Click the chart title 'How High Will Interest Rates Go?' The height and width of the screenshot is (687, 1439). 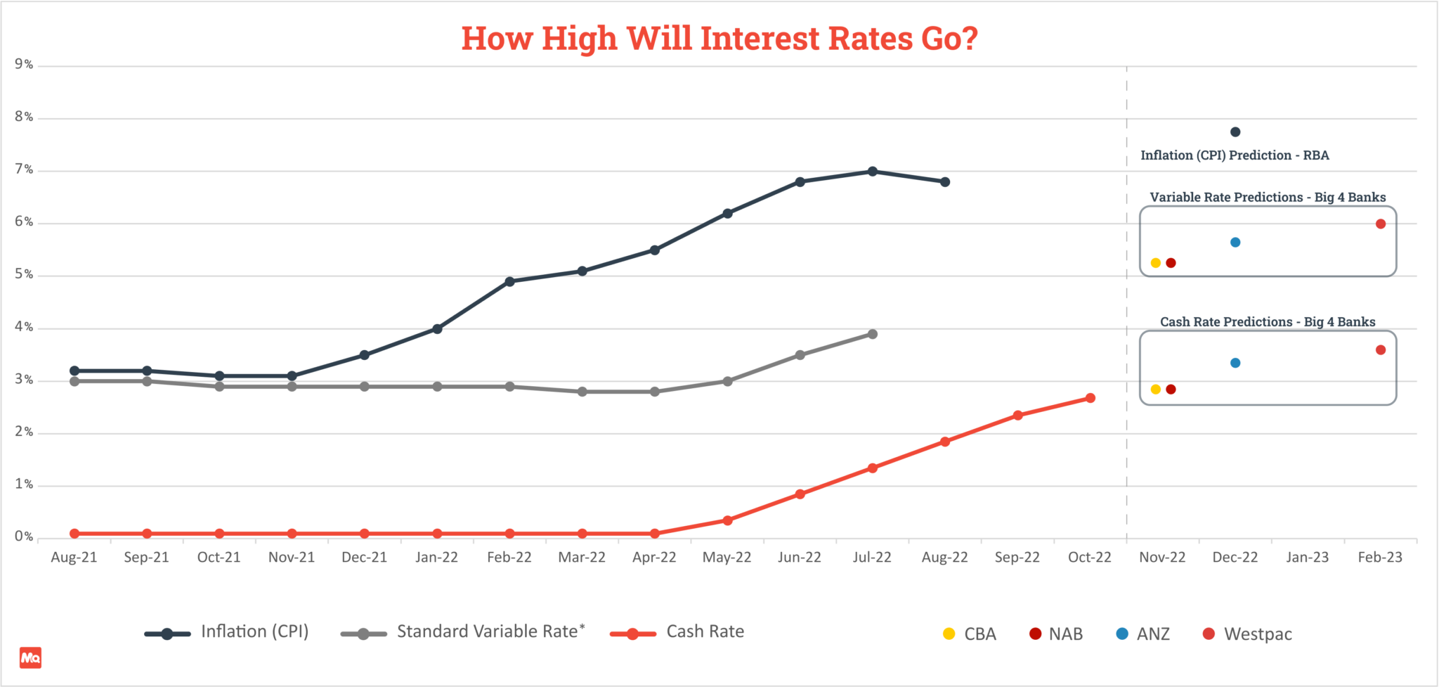(719, 39)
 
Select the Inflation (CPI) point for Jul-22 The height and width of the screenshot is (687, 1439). (872, 172)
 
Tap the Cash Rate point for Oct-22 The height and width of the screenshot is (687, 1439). (1090, 398)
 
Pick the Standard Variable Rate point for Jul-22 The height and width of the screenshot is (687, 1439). (872, 334)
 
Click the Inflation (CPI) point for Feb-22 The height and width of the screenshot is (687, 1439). (509, 281)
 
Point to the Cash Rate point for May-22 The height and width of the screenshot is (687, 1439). (727, 520)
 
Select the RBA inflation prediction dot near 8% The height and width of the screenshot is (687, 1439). (1235, 132)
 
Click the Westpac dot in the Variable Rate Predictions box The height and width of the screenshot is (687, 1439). (1380, 224)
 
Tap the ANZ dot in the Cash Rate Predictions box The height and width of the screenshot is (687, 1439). (1235, 363)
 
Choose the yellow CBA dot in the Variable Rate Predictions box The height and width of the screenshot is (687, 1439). (1155, 263)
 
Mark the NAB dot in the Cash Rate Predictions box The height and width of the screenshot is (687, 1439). (1171, 390)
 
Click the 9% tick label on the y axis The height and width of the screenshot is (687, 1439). (24, 65)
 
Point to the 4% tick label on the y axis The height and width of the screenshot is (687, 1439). (24, 327)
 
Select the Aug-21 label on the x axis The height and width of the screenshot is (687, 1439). (74, 558)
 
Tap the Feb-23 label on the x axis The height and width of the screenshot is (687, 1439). (1379, 558)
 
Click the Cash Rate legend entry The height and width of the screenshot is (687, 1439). (705, 631)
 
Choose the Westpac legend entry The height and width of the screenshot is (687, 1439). (1257, 634)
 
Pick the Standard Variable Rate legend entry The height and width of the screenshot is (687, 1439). (490, 631)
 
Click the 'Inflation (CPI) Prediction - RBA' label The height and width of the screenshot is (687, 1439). (1235, 155)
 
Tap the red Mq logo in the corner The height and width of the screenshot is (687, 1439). (30, 657)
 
